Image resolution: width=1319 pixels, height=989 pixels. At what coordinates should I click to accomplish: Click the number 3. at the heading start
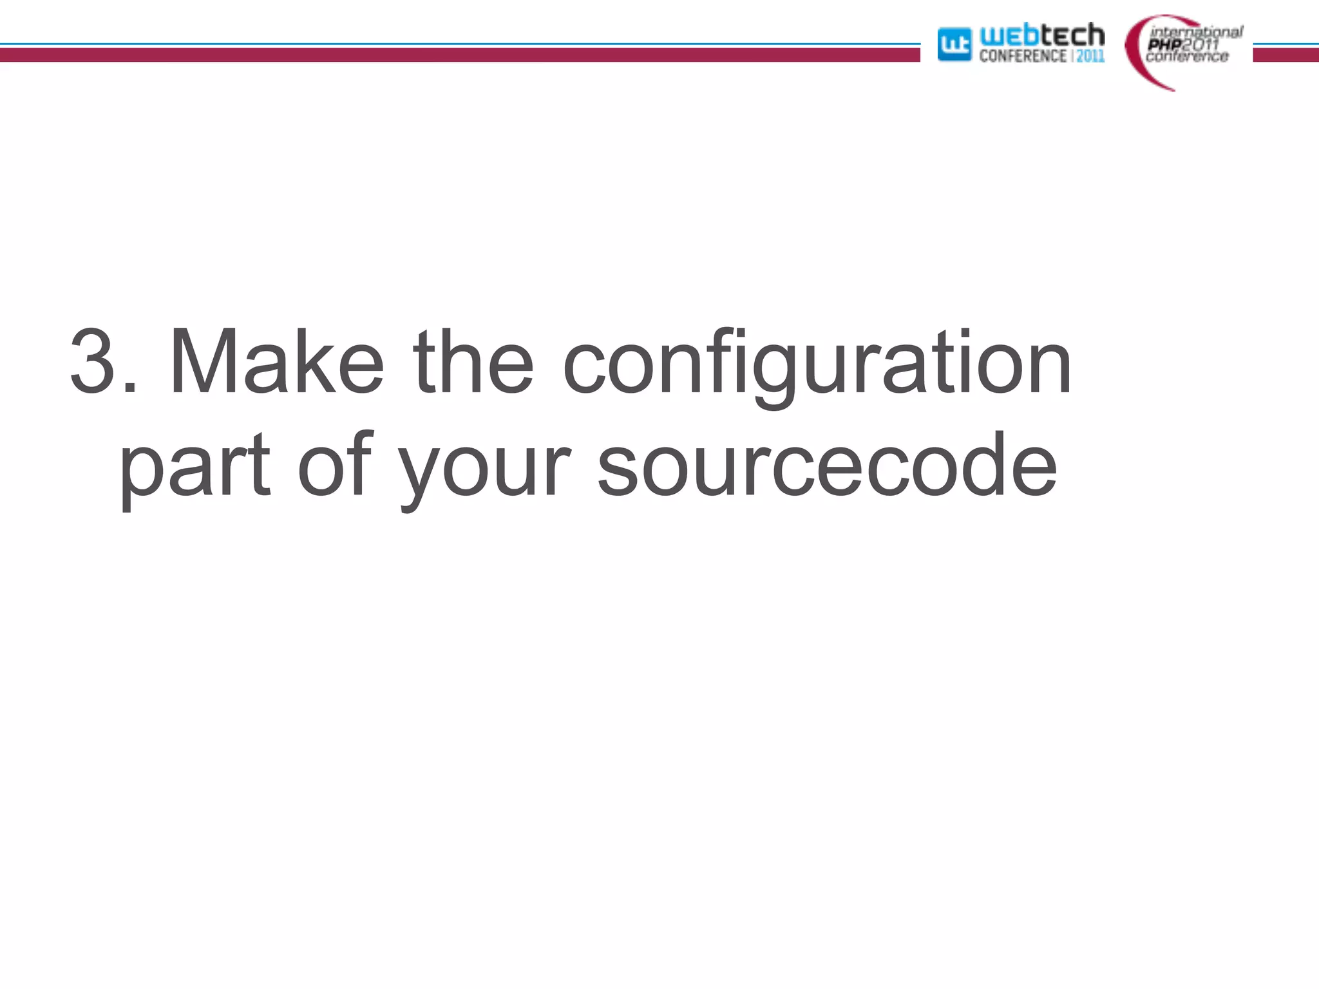103,361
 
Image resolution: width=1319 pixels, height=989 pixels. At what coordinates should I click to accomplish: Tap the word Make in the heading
276,361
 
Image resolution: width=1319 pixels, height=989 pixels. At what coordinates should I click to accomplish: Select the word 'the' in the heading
473,361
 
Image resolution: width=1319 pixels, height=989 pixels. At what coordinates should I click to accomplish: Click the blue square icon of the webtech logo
954,44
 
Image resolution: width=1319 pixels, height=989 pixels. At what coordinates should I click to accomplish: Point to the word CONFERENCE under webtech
1023,56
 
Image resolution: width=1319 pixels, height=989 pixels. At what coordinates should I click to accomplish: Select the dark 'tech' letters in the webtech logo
1072,35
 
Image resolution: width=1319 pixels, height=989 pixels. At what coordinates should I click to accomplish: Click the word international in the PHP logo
1197,32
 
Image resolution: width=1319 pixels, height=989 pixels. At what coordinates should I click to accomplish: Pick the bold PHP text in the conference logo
1164,44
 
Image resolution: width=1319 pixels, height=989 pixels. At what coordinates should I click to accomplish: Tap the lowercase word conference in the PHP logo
1187,57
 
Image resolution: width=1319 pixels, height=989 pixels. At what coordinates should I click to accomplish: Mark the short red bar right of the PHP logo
1286,55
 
